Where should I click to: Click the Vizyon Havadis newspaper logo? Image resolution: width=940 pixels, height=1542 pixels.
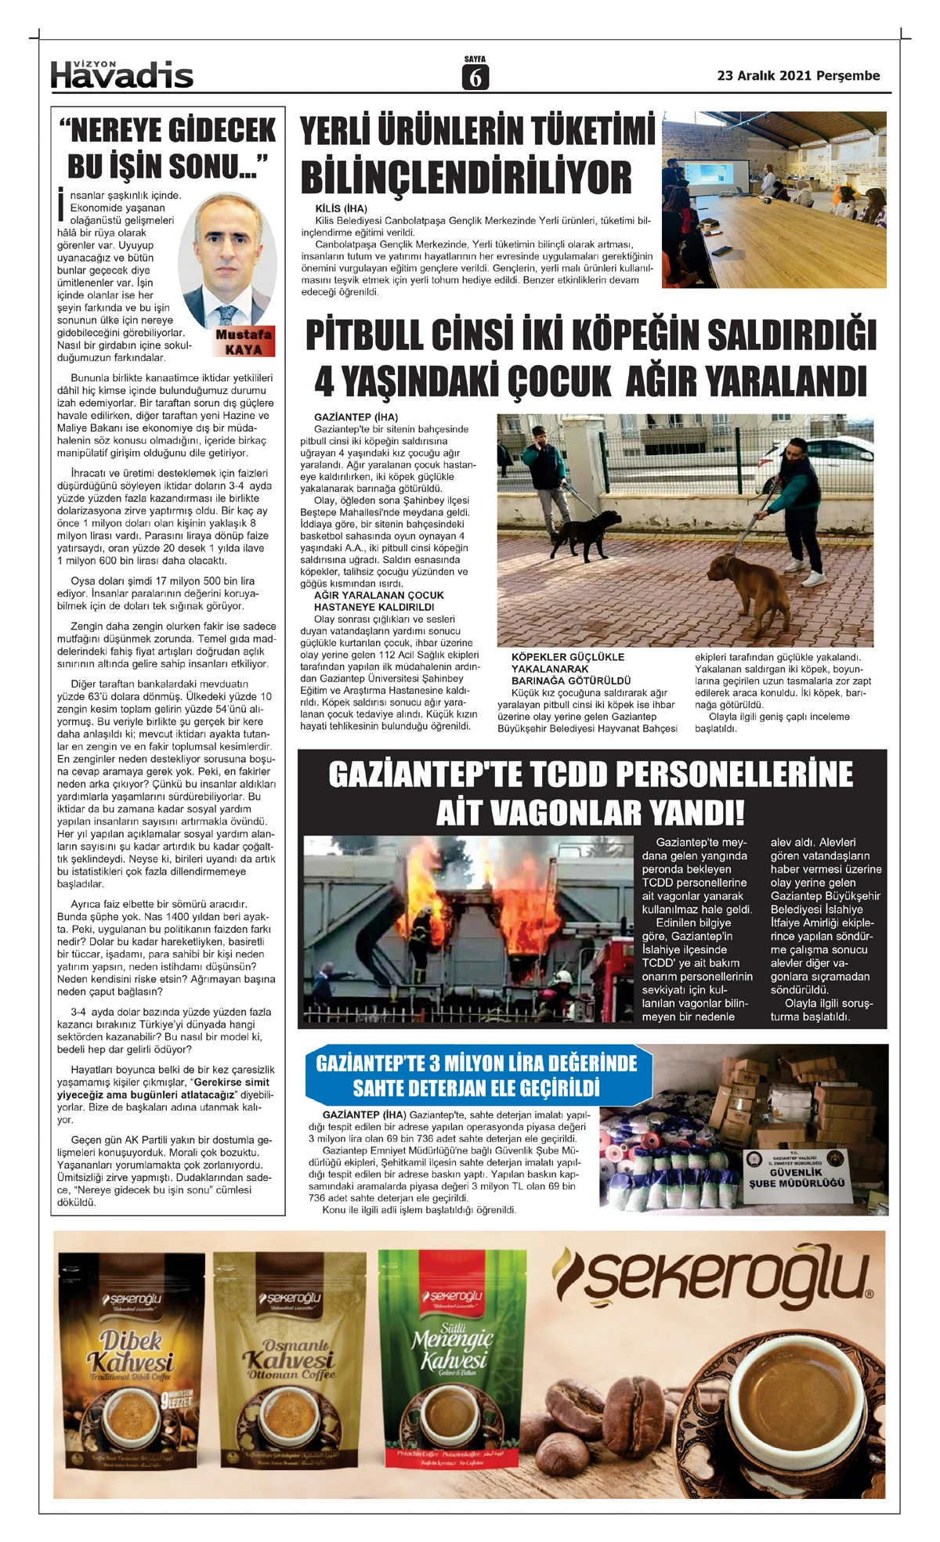[x=121, y=74]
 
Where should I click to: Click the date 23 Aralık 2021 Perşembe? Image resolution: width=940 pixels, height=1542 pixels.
[x=798, y=76]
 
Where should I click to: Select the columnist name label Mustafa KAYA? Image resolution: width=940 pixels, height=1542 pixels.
[x=244, y=341]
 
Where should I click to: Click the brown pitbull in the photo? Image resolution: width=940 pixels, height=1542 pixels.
[x=739, y=584]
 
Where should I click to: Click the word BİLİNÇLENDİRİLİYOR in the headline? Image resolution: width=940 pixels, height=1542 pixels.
[x=466, y=178]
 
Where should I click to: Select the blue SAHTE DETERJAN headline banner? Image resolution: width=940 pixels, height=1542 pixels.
[x=477, y=1075]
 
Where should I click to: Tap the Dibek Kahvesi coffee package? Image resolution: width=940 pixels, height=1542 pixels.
[x=131, y=1362]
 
